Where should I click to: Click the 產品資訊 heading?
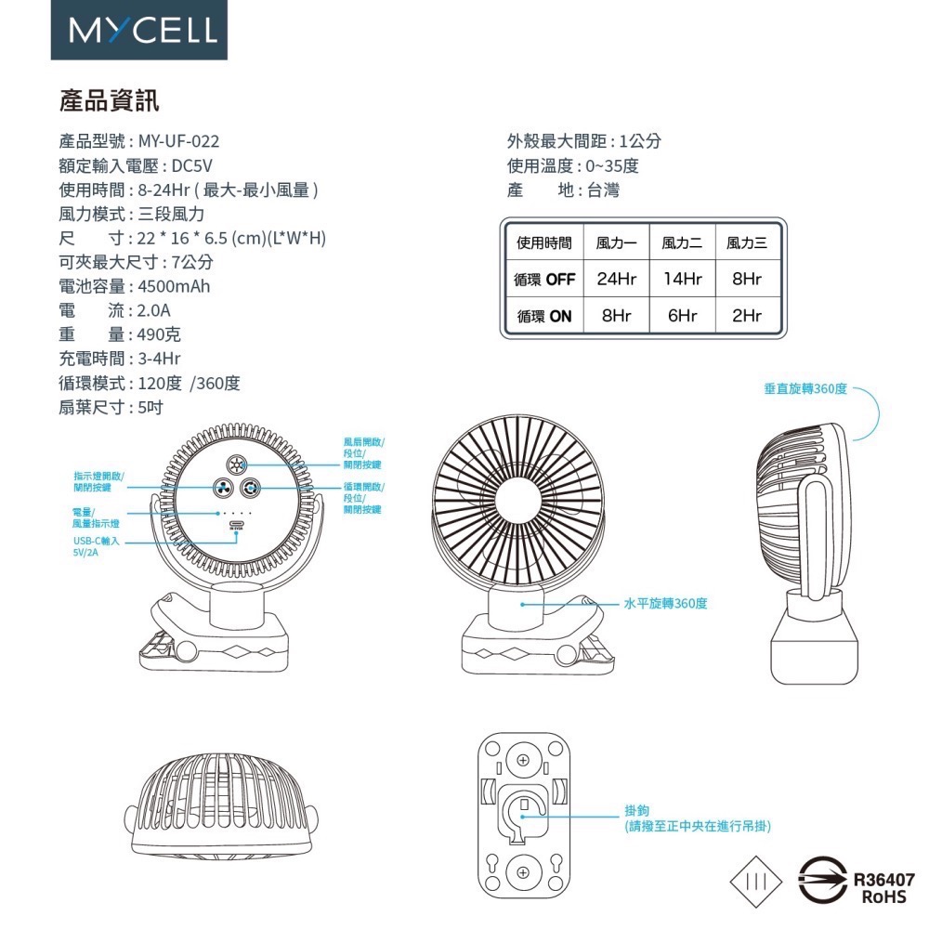(109, 99)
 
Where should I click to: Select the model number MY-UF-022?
(179, 141)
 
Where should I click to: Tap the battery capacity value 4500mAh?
(174, 286)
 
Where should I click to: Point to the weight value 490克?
(159, 334)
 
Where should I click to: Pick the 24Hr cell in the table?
(617, 279)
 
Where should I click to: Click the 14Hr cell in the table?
(682, 279)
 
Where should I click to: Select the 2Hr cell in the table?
(747, 316)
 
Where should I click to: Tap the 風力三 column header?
(747, 243)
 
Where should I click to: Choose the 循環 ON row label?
(544, 316)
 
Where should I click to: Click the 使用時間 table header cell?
(544, 243)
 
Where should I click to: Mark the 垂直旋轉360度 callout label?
(805, 388)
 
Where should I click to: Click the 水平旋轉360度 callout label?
(666, 604)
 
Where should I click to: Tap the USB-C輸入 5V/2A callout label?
(96, 545)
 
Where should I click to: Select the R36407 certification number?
(883, 880)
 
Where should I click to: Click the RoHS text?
(883, 897)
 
